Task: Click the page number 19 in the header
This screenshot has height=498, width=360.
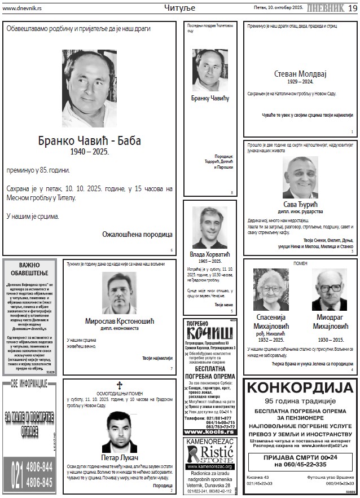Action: (352, 7)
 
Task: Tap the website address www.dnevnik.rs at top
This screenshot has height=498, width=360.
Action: (22, 8)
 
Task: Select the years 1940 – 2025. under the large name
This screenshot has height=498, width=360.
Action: (89, 152)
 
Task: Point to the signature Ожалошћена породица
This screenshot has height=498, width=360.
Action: (137, 234)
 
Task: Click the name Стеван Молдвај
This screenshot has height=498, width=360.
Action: (300, 73)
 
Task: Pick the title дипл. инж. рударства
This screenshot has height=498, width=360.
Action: (300, 211)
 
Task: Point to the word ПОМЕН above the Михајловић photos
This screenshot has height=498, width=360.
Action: (300, 263)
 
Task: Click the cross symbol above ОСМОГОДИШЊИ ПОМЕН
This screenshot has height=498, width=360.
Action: (119, 385)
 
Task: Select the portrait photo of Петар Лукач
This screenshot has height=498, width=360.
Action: (119, 430)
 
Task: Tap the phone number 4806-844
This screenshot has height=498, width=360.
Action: (39, 466)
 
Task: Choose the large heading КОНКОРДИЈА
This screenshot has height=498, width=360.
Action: (300, 388)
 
